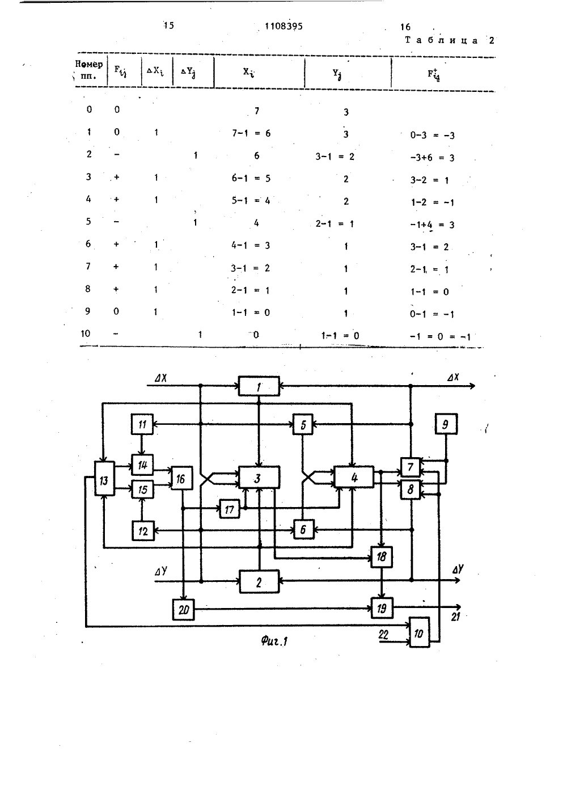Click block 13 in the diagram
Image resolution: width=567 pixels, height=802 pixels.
tap(104, 478)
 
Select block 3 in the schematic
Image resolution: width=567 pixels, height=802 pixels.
tap(259, 477)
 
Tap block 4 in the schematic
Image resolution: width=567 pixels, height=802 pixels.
tap(354, 477)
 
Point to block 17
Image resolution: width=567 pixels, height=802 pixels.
tap(230, 509)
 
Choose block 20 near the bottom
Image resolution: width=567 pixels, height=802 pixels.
tap(183, 609)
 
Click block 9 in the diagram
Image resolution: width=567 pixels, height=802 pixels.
tap(446, 424)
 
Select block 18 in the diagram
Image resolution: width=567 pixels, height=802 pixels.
tap(382, 557)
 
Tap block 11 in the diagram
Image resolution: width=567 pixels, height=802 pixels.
tap(142, 424)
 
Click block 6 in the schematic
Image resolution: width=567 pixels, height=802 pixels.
tap(303, 529)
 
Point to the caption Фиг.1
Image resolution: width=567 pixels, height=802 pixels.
tap(274, 641)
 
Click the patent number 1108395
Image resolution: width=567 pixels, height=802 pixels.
tap(283, 26)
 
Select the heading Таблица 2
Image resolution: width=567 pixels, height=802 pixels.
tap(450, 40)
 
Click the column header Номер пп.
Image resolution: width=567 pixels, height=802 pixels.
tap(88, 70)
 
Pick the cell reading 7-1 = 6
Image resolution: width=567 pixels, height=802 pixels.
tap(251, 133)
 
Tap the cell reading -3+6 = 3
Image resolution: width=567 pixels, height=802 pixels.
tap(433, 158)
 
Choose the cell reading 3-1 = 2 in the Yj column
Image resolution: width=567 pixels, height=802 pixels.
tap(335, 157)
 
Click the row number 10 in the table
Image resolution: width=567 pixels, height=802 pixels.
tap(86, 334)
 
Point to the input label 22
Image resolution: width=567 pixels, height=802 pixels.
tap(383, 635)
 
